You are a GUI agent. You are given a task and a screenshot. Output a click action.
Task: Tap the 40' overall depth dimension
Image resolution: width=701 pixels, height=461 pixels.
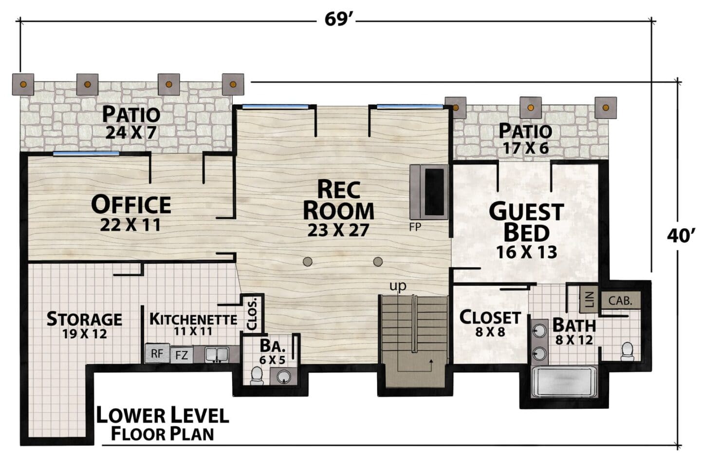(681, 236)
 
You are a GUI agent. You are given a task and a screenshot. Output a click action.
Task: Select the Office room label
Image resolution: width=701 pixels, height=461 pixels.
(131, 205)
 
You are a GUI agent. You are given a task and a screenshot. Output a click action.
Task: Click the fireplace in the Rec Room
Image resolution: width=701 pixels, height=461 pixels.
(429, 192)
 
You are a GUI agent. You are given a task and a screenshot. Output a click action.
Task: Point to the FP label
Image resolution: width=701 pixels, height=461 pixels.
(415, 227)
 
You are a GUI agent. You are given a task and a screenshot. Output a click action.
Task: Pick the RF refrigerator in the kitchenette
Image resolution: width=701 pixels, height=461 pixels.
(157, 353)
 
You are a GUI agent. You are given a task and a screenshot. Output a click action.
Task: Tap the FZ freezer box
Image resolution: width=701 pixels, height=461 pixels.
(182, 355)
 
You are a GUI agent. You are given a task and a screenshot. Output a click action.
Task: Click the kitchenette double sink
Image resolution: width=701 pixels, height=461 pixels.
(217, 354)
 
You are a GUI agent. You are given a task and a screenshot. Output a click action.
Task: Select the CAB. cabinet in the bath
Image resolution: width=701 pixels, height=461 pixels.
(620, 301)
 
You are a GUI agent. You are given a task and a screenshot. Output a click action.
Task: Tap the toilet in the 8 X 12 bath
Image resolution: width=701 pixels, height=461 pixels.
(627, 351)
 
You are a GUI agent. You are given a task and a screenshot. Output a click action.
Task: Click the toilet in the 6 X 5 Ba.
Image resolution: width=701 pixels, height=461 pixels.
(257, 375)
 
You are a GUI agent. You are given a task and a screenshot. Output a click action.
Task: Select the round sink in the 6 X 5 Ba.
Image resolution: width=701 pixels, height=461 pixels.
(283, 376)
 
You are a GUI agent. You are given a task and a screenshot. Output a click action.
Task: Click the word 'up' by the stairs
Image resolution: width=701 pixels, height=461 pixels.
(398, 286)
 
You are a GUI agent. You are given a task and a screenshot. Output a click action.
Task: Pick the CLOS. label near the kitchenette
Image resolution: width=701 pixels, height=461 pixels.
(252, 314)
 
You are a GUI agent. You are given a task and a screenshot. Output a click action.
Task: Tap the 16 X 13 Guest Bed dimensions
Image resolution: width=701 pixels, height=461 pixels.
(527, 252)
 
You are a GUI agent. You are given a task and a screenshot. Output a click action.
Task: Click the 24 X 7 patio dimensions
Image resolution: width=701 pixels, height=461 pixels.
(130, 132)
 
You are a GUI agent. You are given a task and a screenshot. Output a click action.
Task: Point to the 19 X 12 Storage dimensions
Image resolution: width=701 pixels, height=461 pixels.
(85, 334)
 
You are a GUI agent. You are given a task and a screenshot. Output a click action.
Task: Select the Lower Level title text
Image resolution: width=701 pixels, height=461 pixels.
(163, 415)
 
